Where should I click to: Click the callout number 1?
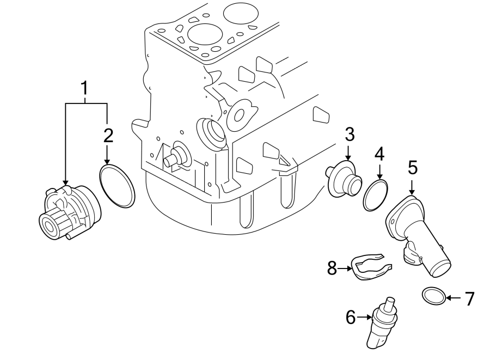(84, 88)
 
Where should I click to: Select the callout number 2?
(108, 136)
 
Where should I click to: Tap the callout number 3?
(349, 134)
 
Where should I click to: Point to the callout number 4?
(379, 154)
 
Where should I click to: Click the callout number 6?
(351, 316)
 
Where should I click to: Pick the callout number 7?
(469, 298)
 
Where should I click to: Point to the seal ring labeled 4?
(376, 196)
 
